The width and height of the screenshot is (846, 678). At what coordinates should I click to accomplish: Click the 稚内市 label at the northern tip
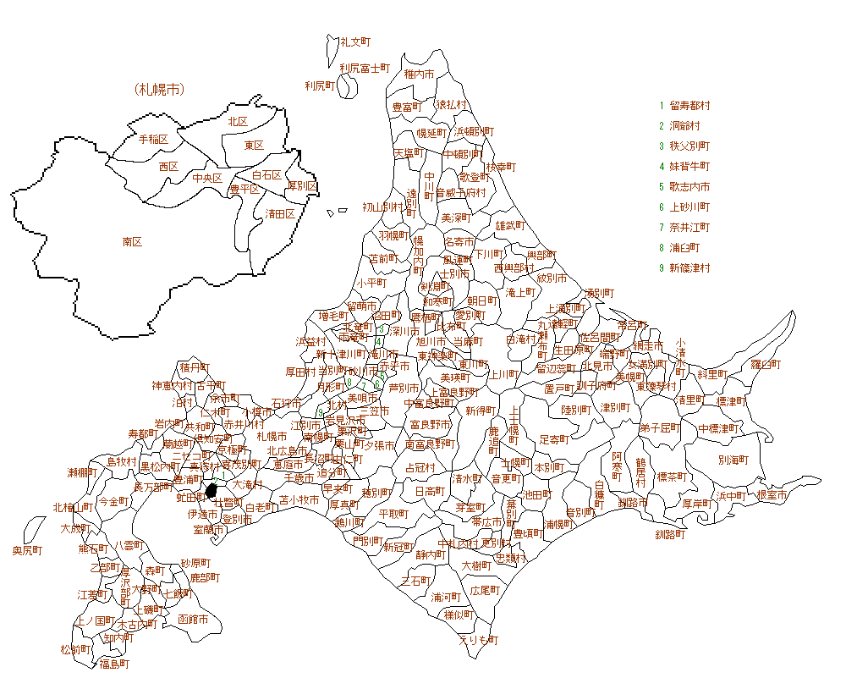(419, 74)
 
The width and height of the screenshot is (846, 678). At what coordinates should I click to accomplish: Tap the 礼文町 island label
(355, 41)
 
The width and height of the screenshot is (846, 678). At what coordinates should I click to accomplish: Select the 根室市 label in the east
(772, 495)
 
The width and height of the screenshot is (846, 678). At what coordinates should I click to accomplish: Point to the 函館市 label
(193, 620)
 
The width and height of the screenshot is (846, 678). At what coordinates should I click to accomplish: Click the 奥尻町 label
(27, 551)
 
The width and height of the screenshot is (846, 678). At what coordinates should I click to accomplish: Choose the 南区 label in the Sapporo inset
(132, 241)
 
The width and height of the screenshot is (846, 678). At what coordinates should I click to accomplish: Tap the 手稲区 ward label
(153, 139)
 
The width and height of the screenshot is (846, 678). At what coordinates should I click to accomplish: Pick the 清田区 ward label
(280, 213)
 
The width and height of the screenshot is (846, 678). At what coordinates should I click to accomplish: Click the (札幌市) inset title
(159, 89)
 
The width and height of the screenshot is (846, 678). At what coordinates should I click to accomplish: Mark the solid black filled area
(212, 491)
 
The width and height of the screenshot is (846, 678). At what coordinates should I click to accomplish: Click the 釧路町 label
(669, 535)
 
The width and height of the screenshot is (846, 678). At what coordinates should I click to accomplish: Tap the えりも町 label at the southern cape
(478, 640)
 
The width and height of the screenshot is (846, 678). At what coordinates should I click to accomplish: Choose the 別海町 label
(733, 461)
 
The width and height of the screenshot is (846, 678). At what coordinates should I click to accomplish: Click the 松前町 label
(75, 650)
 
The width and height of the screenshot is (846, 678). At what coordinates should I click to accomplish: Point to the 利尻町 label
(321, 85)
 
